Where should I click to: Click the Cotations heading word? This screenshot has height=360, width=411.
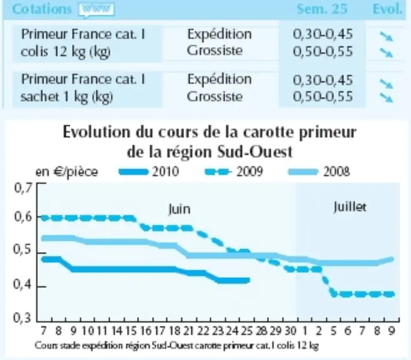click(x=42, y=9)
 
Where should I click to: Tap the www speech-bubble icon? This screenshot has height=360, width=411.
click(x=96, y=10)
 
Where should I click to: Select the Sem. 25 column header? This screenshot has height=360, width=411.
click(x=322, y=9)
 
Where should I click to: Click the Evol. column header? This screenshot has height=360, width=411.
click(x=387, y=9)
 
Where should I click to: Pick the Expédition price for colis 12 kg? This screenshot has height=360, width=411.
click(x=323, y=34)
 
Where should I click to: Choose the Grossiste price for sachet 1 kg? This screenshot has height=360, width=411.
click(x=323, y=96)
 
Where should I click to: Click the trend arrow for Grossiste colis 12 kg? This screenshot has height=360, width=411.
click(x=387, y=52)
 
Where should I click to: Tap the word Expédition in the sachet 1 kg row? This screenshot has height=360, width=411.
click(x=219, y=79)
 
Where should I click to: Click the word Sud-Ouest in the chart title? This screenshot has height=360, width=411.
click(x=255, y=152)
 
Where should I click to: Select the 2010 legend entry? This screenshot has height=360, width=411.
click(x=149, y=172)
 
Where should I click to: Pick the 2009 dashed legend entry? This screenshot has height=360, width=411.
click(x=234, y=172)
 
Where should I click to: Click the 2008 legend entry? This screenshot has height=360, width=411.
click(x=319, y=172)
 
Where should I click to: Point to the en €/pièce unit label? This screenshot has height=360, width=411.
click(x=67, y=172)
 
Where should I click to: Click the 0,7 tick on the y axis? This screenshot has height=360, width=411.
click(x=23, y=188)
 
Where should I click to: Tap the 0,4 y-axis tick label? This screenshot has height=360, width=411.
click(x=23, y=285)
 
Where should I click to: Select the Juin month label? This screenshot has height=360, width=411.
click(x=179, y=209)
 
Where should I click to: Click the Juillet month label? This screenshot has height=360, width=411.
click(x=350, y=207)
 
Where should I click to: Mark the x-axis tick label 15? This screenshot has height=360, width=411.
click(x=131, y=331)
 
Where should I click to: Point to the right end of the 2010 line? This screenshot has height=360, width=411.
click(x=249, y=280)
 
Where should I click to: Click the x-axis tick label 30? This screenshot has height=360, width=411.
click(x=290, y=331)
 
